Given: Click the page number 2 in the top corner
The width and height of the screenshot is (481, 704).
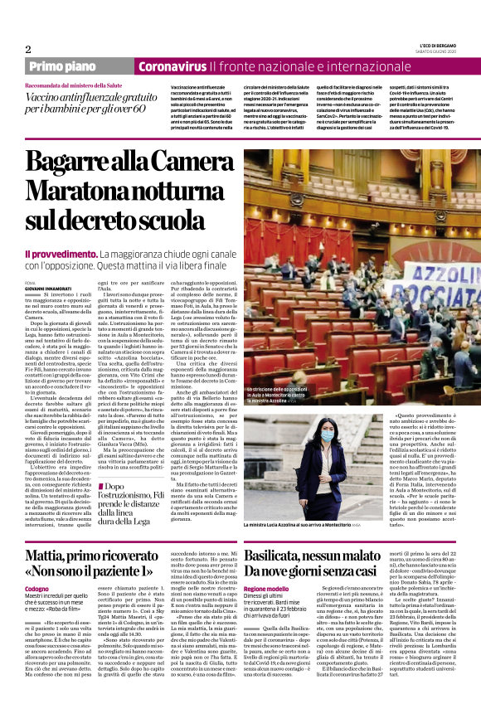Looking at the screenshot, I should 28,49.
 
